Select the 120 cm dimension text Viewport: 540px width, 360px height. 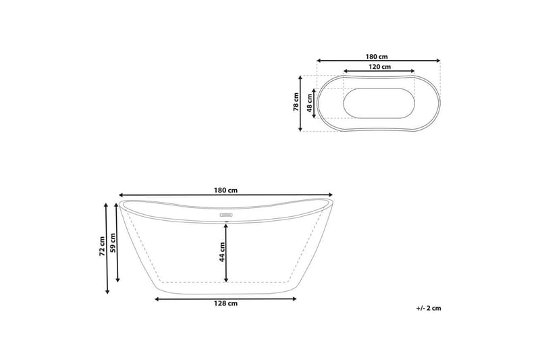click(379, 68)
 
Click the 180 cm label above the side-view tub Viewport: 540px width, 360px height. click(225, 190)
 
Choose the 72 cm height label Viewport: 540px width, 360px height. click(101, 247)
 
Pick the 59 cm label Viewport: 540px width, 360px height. click(113, 242)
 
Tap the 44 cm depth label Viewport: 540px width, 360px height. click(221, 251)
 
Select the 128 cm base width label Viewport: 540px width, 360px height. click(225, 304)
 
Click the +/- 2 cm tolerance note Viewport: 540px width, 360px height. click(428, 308)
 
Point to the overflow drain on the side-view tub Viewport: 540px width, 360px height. click(225, 217)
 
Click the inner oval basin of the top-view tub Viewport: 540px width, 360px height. click(379, 103)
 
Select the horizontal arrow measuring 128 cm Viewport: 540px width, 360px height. click(225, 297)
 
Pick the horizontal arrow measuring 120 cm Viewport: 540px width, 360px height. click(379, 71)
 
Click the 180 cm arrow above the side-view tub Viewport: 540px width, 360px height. click(225, 195)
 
